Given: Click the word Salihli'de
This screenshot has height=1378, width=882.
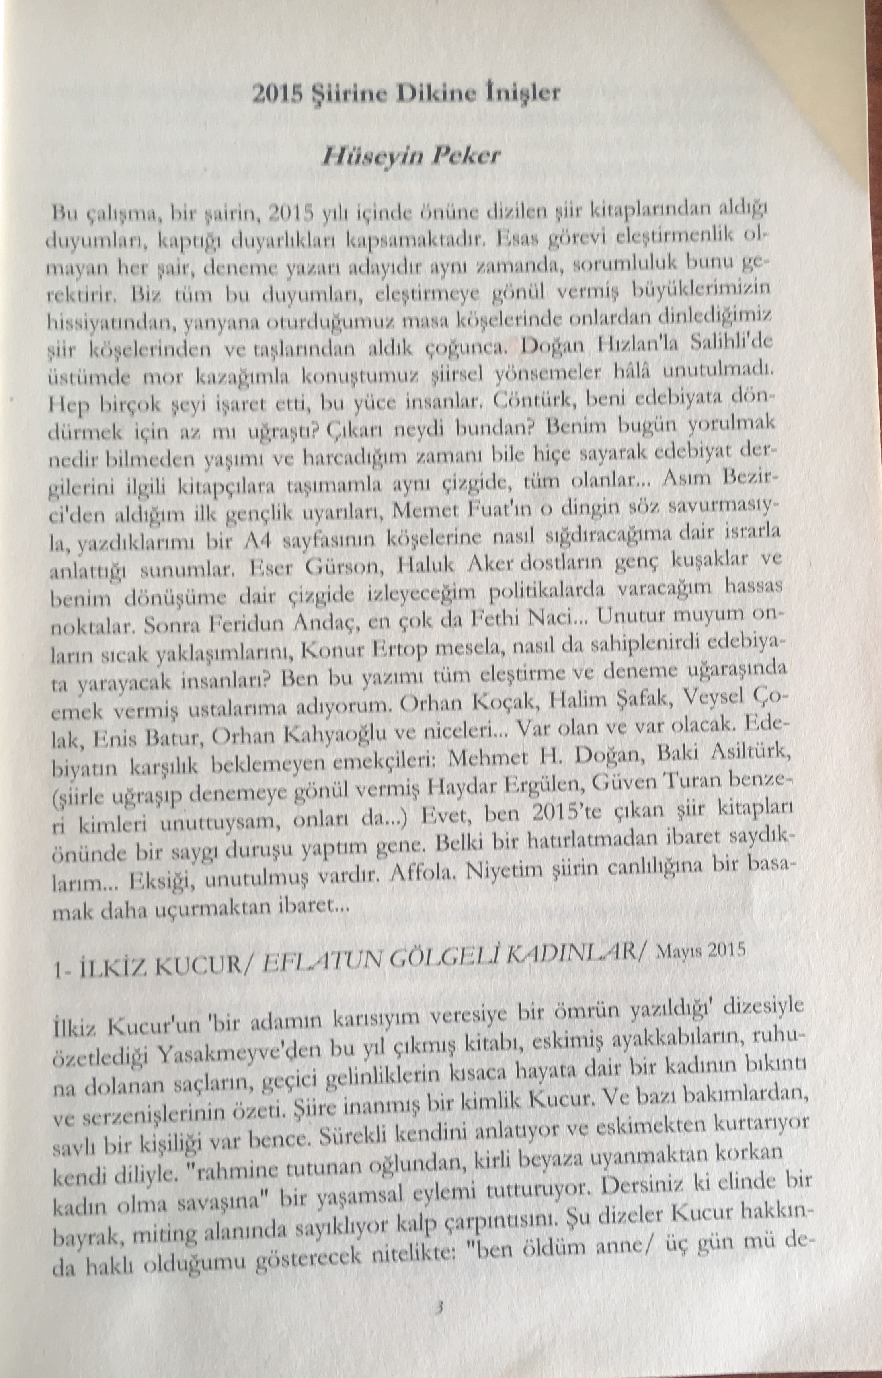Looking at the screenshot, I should pos(723,343).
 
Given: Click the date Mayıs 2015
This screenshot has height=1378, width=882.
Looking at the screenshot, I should pos(702,954).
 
